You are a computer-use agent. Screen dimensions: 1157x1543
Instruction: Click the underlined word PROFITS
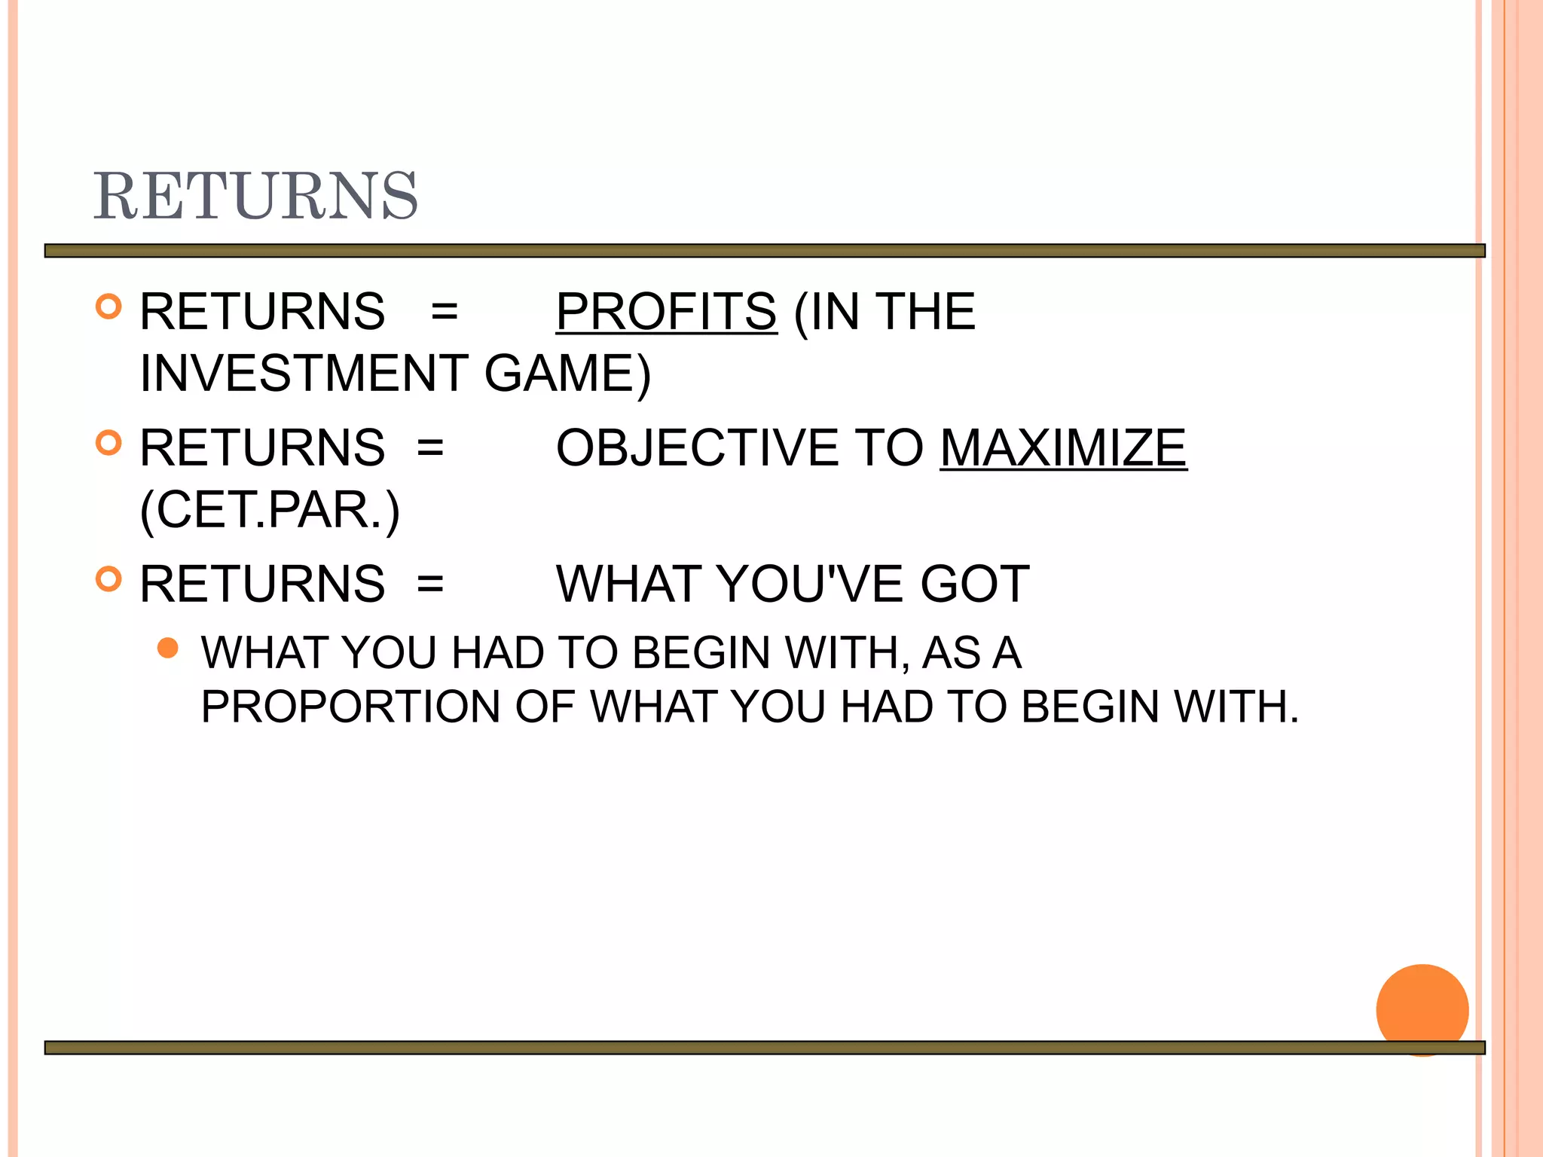coord(666,312)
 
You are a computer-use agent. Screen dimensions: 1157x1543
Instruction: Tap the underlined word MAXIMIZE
coord(1063,448)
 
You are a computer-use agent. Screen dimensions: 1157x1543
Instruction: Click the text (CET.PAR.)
coord(270,511)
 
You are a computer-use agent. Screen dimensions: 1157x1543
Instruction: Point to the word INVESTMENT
coord(304,374)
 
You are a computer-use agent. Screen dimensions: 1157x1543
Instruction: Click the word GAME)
coord(567,374)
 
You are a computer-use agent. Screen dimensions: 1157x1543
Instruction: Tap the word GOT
coord(975,584)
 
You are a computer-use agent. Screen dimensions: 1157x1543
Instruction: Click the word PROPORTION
coord(350,707)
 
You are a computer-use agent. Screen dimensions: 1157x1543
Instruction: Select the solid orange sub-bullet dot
coord(168,648)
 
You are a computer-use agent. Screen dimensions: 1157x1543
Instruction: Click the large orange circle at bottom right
coord(1422,1009)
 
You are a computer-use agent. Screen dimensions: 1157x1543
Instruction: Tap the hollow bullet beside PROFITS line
coord(109,307)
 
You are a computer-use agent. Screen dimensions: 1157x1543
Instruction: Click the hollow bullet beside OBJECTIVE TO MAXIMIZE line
coord(109,443)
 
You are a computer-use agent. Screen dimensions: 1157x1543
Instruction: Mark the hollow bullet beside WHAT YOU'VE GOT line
coord(109,578)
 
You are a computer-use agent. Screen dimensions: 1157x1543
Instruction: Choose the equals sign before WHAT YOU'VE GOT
coord(430,584)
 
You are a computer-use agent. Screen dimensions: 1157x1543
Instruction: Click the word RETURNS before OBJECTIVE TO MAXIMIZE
coord(262,448)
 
